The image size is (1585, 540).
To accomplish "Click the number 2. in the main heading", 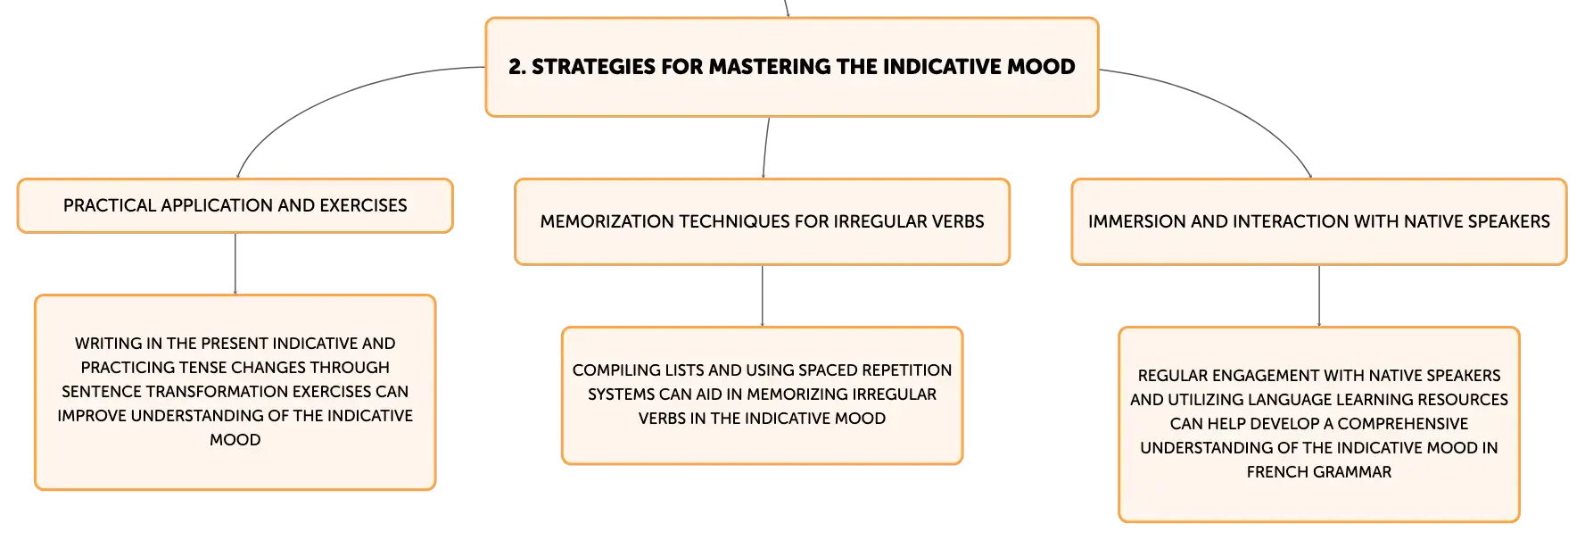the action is (517, 67).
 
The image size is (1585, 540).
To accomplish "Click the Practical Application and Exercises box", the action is (235, 206).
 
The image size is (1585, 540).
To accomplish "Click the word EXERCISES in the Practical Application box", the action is (363, 205).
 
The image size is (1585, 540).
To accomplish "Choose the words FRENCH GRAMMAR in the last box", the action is (1319, 472).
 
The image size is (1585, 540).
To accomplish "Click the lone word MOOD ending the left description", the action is (235, 440).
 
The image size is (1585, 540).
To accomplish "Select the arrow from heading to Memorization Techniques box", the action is (765, 147).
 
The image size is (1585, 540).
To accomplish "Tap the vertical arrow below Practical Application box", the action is (235, 264).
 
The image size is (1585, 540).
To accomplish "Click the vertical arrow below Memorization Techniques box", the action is (763, 296).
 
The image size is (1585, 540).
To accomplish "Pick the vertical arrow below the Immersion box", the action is (1319, 296).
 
